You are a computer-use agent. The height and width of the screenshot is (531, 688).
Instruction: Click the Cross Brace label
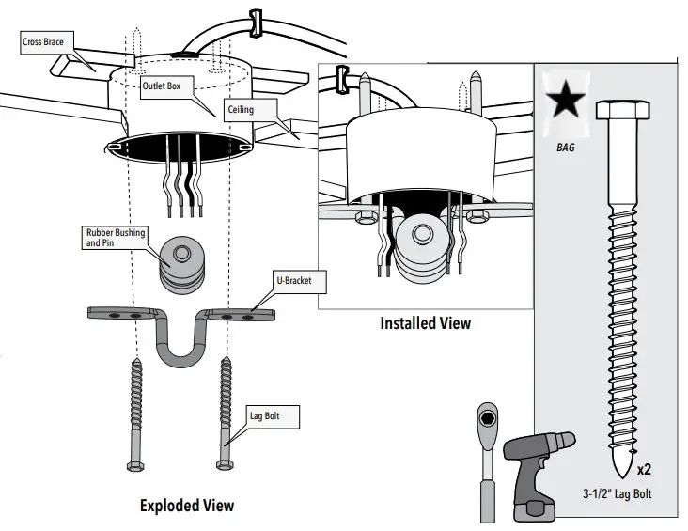click(x=42, y=42)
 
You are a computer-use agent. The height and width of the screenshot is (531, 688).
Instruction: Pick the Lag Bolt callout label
click(x=262, y=414)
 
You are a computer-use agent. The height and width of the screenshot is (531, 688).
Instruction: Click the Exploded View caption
click(x=186, y=506)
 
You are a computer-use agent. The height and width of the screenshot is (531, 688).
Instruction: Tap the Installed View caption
click(x=425, y=323)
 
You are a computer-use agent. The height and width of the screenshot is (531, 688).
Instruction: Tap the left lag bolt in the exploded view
click(x=134, y=414)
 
